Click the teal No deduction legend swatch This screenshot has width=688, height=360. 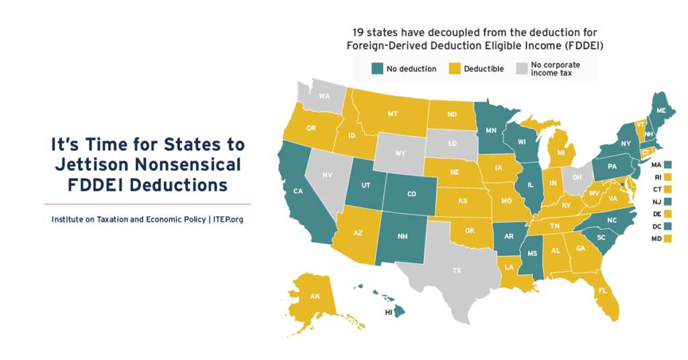377,69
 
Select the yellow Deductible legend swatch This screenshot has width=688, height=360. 455,69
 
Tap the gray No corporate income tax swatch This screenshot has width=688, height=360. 521,69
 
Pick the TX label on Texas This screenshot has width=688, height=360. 457,271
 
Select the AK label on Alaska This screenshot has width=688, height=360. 314,296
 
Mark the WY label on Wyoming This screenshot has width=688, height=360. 400,153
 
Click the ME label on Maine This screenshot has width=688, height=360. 662,110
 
